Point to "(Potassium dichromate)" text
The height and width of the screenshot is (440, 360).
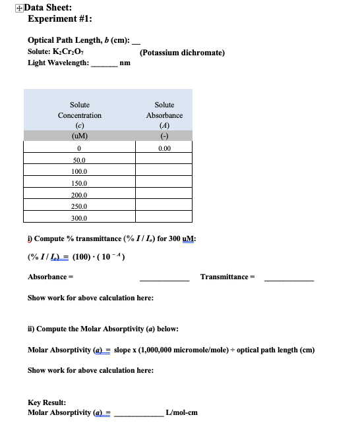pyautogui.click(x=183, y=52)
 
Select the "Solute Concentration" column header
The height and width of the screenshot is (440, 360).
pyautogui.click(x=80, y=110)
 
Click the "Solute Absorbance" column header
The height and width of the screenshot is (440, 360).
pyautogui.click(x=164, y=110)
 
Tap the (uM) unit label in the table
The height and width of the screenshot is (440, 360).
pyautogui.click(x=80, y=136)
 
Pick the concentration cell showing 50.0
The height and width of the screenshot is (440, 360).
pyautogui.click(x=80, y=159)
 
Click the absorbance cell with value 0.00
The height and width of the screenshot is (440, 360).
pyautogui.click(x=164, y=148)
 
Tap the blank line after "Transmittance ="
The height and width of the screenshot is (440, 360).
pyautogui.click(x=289, y=276)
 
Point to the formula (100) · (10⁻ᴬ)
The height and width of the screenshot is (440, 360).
pyautogui.click(x=98, y=256)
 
